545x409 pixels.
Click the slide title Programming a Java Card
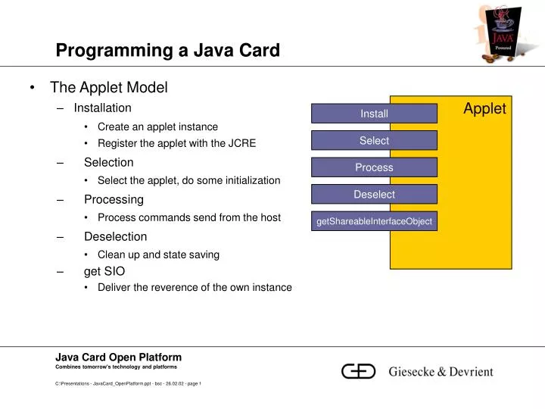167,51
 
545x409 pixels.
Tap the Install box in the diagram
374,114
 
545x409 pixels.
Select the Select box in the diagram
374,141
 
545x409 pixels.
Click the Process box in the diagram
374,167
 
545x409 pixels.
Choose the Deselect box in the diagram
374,195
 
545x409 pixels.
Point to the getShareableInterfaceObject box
374,221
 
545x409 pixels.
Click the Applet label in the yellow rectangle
484,109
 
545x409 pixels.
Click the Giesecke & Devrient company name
441,372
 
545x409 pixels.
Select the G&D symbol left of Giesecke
359,371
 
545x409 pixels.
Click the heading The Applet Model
108,88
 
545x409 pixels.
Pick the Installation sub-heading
102,108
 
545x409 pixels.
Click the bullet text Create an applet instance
157,126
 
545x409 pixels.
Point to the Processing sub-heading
114,200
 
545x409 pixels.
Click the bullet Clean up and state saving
158,254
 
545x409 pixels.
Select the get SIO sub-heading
104,271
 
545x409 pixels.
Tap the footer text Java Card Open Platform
118,357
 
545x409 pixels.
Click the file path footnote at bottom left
127,384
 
